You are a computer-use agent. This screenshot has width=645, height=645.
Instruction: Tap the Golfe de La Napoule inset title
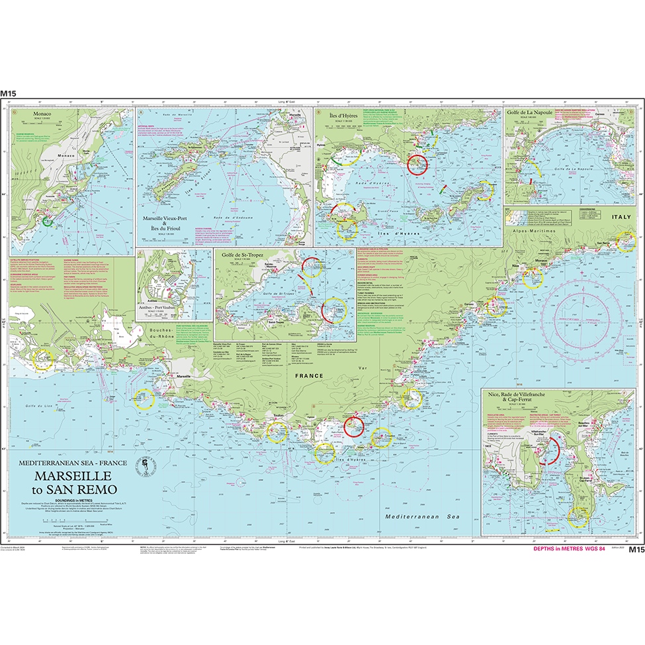pos(529,114)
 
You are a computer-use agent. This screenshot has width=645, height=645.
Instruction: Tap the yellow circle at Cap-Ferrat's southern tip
pos(578,517)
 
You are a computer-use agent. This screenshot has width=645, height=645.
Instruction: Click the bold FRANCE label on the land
pos(310,375)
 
